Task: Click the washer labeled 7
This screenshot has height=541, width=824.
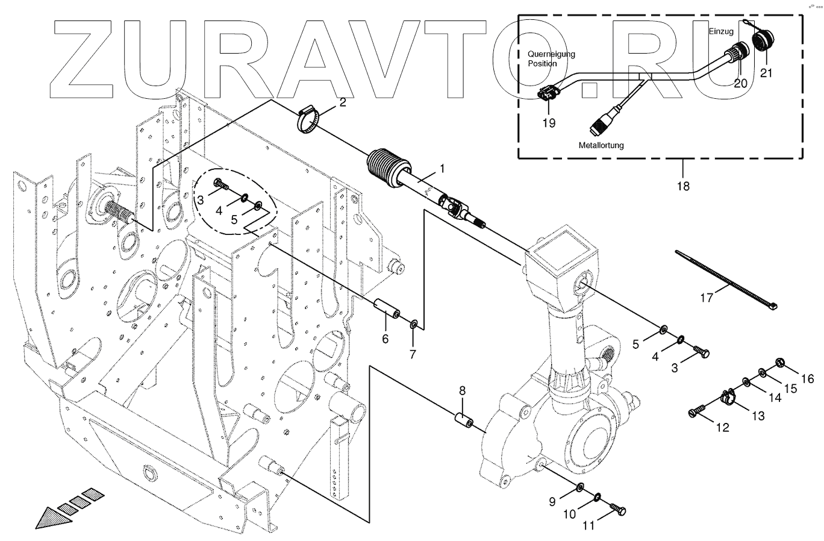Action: pos(414,325)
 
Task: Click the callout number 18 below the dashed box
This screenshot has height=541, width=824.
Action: pos(682,186)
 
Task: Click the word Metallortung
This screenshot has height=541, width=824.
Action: pos(601,145)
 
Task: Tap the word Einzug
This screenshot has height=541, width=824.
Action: pos(721,31)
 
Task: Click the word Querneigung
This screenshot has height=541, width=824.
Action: pos(551,54)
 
